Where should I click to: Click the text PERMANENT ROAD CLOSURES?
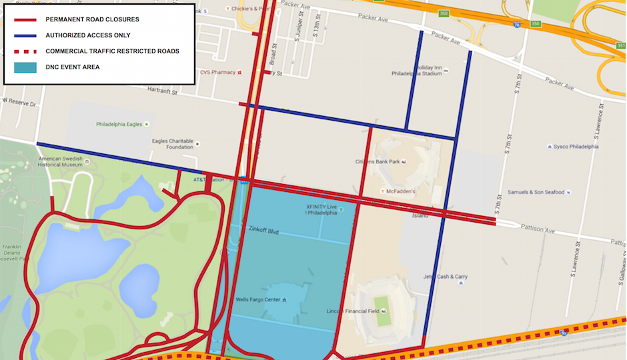(92, 19)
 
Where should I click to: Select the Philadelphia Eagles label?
(121, 124)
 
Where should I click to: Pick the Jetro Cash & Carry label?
(445, 277)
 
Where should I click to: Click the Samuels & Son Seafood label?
(536, 193)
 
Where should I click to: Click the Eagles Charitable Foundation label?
(173, 144)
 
